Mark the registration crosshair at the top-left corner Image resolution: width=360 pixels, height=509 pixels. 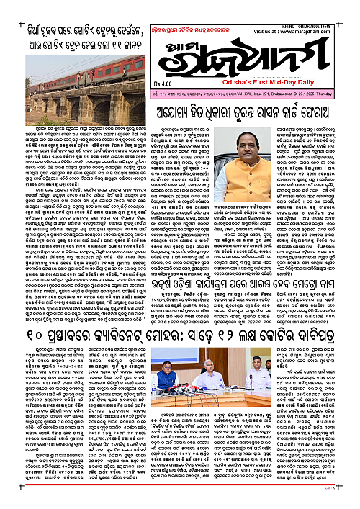click(x=7, y=6)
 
